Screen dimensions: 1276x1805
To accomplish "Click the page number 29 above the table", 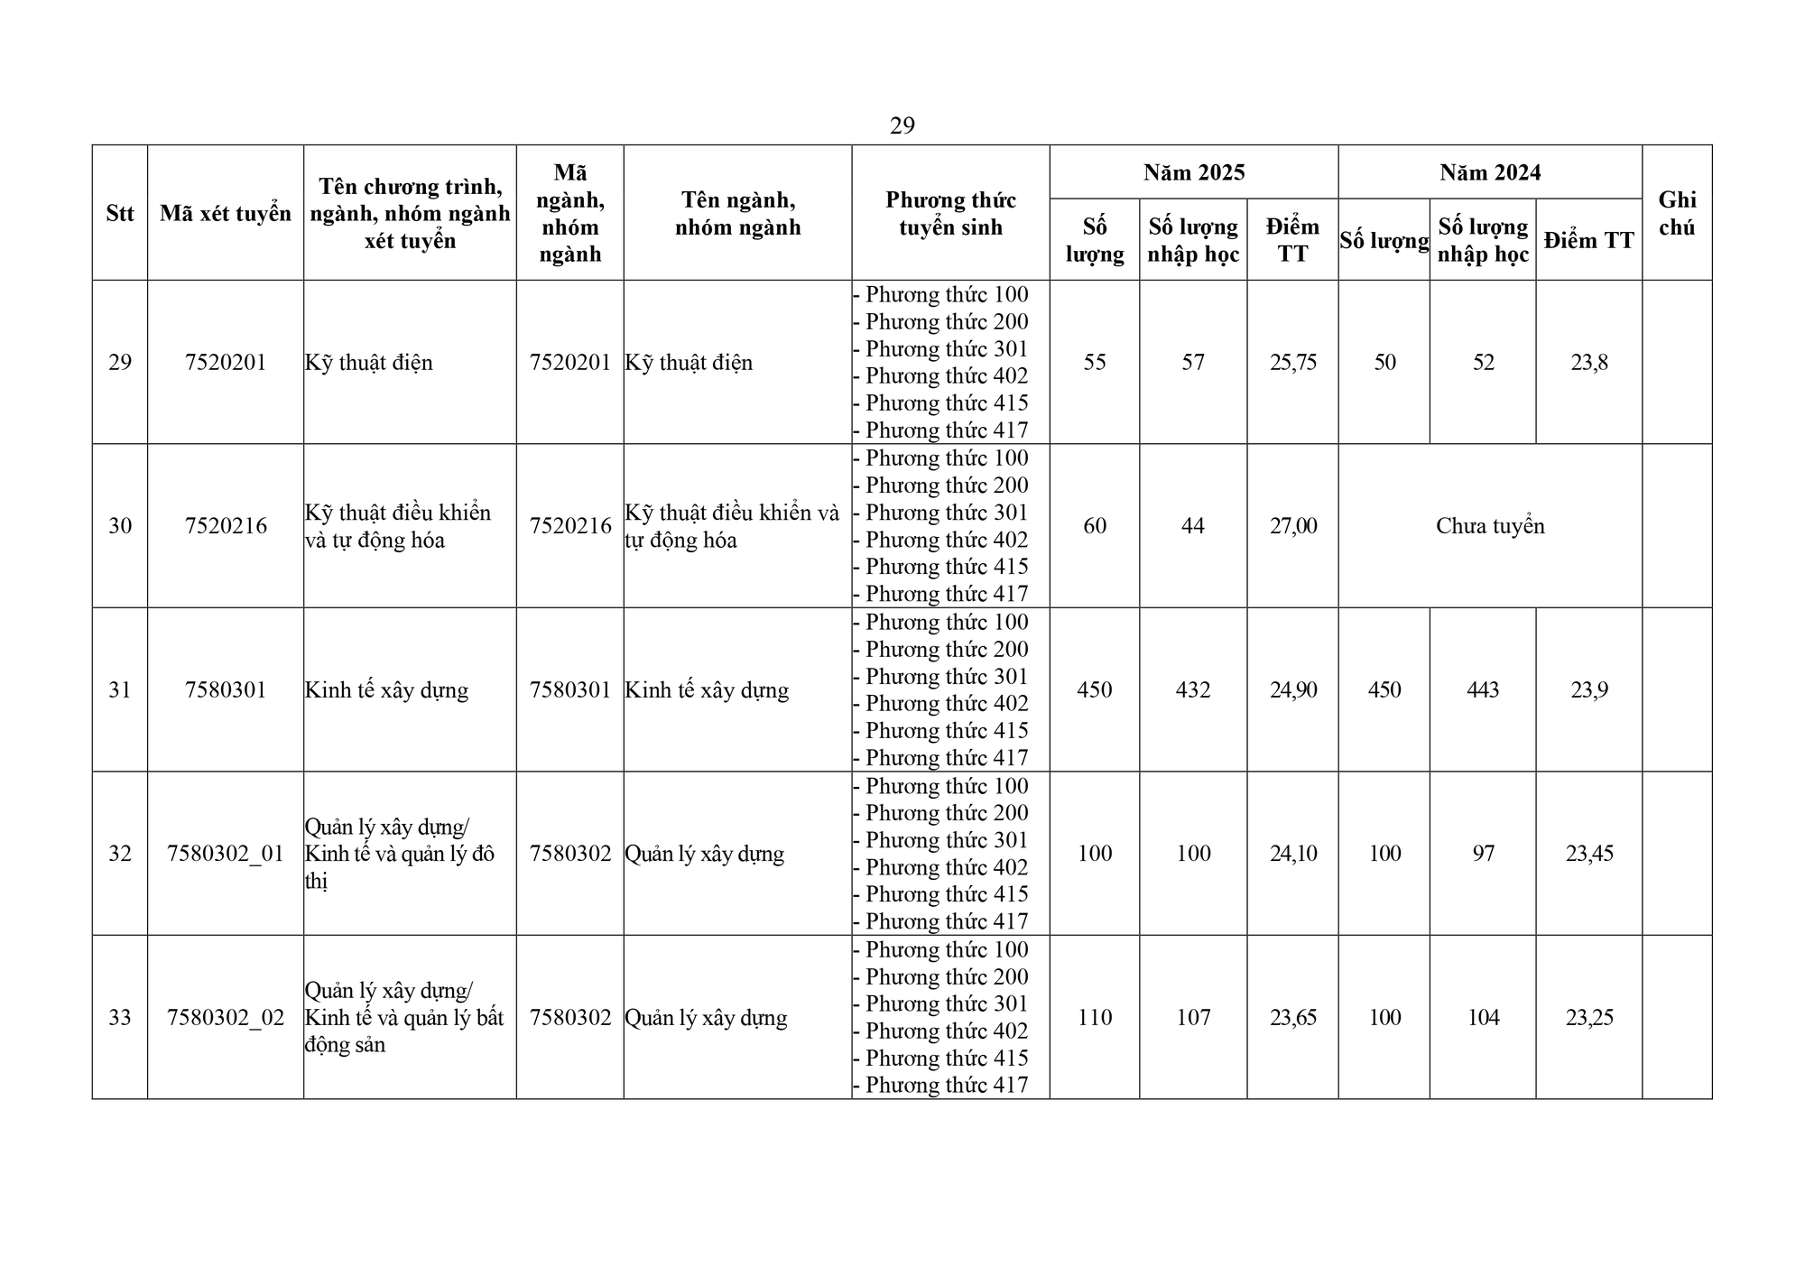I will tap(902, 125).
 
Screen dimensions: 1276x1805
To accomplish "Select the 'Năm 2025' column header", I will tap(1193, 172).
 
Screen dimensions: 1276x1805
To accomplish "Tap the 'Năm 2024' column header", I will tap(1489, 172).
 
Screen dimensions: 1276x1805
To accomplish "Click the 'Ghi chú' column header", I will tap(1676, 213).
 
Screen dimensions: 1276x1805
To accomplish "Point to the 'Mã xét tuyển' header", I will tap(226, 214).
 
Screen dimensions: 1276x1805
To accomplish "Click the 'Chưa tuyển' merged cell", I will tap(1489, 526).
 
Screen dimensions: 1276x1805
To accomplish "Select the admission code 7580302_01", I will tap(226, 854).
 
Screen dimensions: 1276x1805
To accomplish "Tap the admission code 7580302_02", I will tap(226, 1018).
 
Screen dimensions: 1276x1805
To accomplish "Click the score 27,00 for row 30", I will tap(1292, 526).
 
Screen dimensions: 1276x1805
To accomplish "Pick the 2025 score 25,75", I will tap(1292, 363).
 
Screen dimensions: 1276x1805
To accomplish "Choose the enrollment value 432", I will tap(1193, 690).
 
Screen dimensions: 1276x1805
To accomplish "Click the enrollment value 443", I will tap(1483, 690).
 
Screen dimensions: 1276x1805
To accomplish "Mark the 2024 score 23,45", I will tap(1588, 854).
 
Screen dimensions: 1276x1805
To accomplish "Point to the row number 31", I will tap(120, 690).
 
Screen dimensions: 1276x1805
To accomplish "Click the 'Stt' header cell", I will tap(120, 214).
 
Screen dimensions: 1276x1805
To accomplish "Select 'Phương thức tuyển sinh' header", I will tap(950, 214).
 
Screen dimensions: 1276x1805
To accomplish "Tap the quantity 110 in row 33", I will tap(1094, 1018).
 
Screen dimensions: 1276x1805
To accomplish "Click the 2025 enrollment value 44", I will tap(1193, 526).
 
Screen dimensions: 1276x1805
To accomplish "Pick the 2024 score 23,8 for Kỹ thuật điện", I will tap(1588, 363).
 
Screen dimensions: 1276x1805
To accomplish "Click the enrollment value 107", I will tap(1193, 1018).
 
